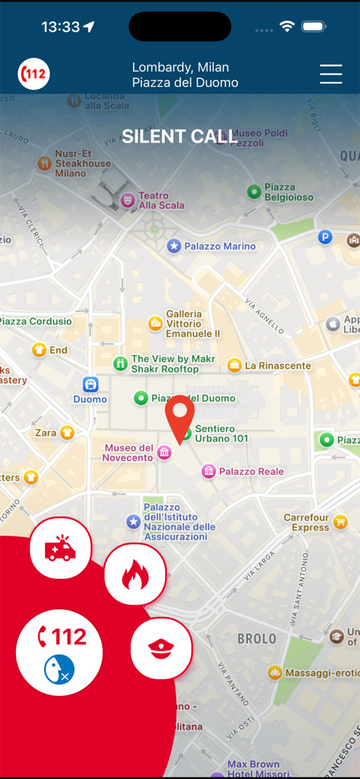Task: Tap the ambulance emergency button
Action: pos(60,548)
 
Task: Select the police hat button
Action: pos(160,648)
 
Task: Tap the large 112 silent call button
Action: pos(59,653)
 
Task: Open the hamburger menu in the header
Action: pos(331,74)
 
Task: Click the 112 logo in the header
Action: pos(34,74)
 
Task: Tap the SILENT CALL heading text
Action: pos(180,136)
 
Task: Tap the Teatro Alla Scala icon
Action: pos(128,200)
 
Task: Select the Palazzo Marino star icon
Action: pos(174,246)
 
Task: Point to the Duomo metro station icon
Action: pos(91,384)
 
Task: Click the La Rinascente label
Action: pos(278,366)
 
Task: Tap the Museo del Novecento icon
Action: pos(164,453)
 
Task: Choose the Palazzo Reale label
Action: pos(251,472)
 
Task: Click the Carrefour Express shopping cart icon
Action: pos(340,522)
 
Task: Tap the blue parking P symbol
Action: pos(325,237)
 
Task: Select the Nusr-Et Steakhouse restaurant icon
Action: pos(44,163)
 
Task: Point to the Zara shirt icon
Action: pos(67,433)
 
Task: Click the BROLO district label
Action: pos(256,639)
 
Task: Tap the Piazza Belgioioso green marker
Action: pos(254,192)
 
